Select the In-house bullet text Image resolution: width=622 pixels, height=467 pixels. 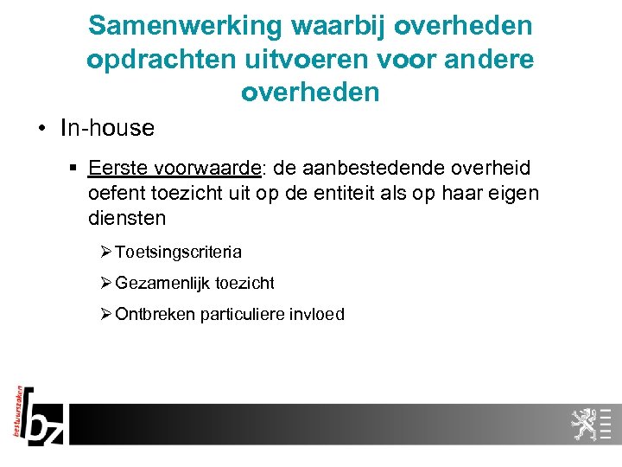(107, 129)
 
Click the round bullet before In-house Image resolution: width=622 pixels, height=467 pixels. (41, 130)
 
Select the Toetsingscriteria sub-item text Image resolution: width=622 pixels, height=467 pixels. (178, 253)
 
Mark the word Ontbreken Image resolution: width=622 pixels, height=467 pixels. (154, 314)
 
